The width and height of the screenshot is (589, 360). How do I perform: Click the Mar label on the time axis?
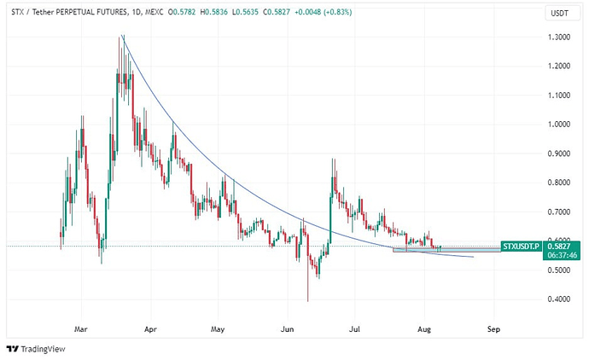(x=82, y=328)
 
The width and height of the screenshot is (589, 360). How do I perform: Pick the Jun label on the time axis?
(x=287, y=328)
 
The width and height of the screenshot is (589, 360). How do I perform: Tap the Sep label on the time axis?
(x=493, y=328)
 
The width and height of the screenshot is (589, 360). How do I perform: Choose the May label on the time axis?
(x=218, y=328)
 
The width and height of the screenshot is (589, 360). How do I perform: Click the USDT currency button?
(x=559, y=13)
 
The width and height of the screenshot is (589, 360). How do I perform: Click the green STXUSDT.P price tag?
(x=520, y=246)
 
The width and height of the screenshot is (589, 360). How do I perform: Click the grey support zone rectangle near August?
(x=444, y=250)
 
